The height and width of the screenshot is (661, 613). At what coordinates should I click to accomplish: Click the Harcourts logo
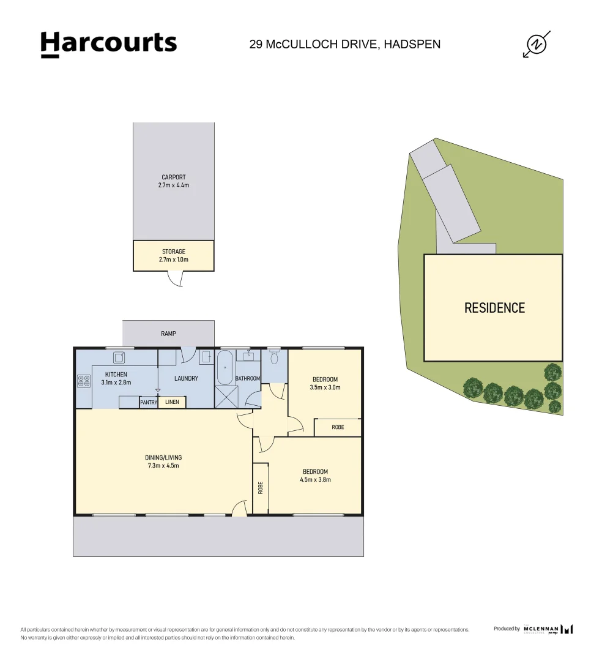(x=109, y=44)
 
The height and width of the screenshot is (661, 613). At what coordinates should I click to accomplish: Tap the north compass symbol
(x=537, y=44)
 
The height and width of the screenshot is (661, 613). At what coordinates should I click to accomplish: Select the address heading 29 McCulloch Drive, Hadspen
(x=344, y=44)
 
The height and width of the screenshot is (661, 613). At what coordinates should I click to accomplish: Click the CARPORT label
(x=174, y=177)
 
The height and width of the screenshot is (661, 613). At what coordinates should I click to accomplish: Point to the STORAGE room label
(x=174, y=252)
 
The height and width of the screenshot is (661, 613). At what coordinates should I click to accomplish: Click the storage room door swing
(x=176, y=279)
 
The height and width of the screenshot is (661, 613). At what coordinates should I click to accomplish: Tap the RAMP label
(x=168, y=334)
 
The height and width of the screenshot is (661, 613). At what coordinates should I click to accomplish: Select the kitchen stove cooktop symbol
(x=84, y=381)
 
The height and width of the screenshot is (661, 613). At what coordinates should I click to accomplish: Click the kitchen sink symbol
(x=119, y=357)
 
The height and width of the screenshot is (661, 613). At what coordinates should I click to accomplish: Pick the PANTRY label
(x=149, y=402)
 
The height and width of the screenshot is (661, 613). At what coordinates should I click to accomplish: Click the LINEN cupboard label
(x=172, y=402)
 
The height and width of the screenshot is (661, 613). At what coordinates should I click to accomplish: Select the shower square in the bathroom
(x=226, y=397)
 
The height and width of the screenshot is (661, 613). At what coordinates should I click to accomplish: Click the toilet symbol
(x=274, y=357)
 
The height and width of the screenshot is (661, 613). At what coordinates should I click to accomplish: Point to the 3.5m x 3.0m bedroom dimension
(x=325, y=387)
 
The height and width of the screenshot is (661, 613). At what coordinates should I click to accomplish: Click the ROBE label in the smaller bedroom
(x=338, y=427)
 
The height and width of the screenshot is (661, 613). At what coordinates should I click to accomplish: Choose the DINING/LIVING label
(x=163, y=457)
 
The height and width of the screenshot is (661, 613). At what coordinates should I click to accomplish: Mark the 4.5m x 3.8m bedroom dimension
(x=315, y=480)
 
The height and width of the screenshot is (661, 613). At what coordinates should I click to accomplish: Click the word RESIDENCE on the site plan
(x=494, y=308)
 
